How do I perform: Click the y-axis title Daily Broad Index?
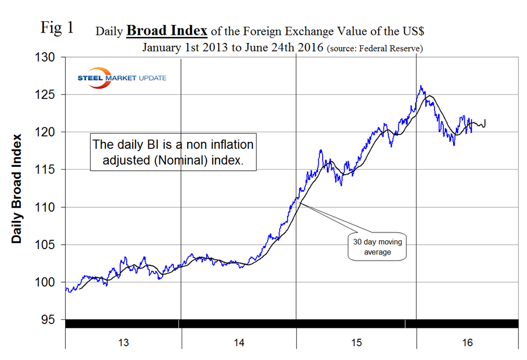point(17,188)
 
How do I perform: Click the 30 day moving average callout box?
point(377,247)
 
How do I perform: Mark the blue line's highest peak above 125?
point(421,85)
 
